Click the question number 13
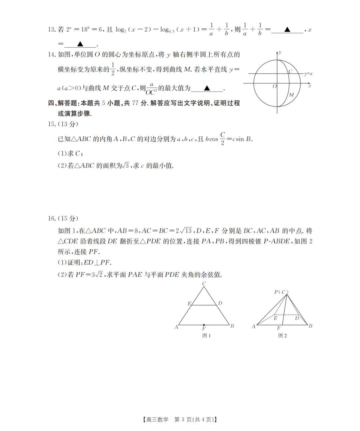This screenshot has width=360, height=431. click(x=51, y=30)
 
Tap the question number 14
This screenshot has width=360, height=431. click(x=51, y=55)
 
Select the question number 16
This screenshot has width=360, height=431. click(x=51, y=219)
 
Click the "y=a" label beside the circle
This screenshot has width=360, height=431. click(x=308, y=73)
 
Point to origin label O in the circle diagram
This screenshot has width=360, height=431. click(x=275, y=86)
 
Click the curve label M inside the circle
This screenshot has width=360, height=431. click(x=291, y=95)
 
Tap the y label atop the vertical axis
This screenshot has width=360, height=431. click(x=280, y=52)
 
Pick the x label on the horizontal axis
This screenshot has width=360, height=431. click(x=310, y=86)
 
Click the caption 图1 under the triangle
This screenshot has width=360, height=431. click(x=206, y=336)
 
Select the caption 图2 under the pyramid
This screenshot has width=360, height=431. click(x=282, y=336)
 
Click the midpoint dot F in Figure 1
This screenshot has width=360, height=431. click(x=204, y=325)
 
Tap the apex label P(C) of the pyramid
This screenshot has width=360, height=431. click(x=281, y=292)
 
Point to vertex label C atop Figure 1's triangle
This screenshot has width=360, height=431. click(x=204, y=284)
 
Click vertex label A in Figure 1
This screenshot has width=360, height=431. click(x=176, y=327)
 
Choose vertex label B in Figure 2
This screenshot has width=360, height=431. click(x=310, y=326)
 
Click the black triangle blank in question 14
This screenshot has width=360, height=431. click(x=207, y=88)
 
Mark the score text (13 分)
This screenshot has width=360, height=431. click(x=68, y=124)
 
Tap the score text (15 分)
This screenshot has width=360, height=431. click(x=68, y=219)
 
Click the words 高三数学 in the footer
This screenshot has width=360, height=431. click(x=157, y=420)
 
